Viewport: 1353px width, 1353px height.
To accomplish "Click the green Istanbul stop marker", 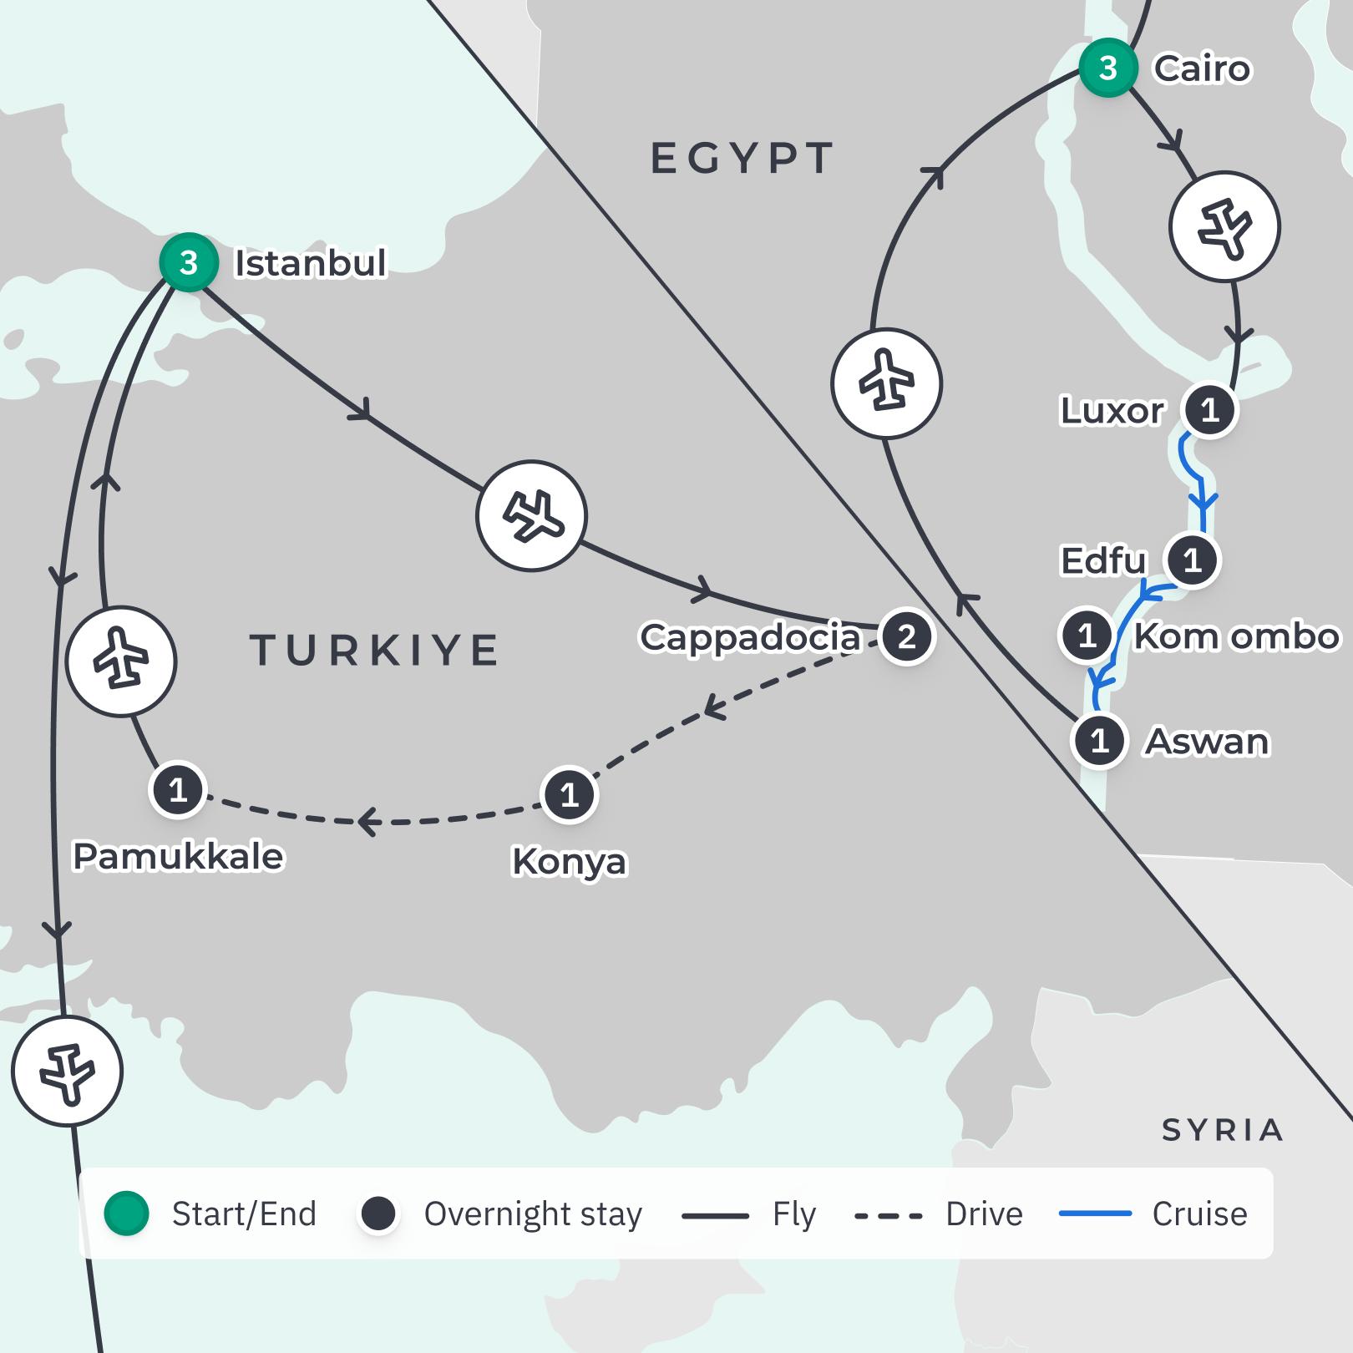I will [189, 262].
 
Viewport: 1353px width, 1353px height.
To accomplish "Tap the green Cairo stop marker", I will [1107, 68].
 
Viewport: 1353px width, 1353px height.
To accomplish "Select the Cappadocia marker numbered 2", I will [906, 637].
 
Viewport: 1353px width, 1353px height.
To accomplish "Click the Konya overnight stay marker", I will [569, 794].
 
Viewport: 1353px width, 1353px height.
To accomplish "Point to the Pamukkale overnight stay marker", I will [177, 789].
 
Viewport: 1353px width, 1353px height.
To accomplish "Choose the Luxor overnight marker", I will [1209, 409].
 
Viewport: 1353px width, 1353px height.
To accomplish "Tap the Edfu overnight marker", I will [1192, 560].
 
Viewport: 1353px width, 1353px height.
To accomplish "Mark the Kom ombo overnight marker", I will [1087, 636].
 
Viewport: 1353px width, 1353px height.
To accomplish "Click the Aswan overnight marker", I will [1099, 740].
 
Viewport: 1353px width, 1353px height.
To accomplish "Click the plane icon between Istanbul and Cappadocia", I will [531, 515].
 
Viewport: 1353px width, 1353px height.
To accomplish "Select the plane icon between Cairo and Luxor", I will [1224, 226].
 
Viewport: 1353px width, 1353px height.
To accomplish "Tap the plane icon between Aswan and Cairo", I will [886, 383].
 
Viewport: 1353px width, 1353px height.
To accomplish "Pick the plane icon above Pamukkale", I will [121, 661].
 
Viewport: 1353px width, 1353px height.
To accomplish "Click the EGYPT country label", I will [742, 158].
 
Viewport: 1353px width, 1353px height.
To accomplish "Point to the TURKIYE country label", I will [374, 650].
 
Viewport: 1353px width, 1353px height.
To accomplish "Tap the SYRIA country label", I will [1222, 1130].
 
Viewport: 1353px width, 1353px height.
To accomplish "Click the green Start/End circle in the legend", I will [127, 1214].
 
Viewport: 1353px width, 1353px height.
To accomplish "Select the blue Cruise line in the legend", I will [1095, 1214].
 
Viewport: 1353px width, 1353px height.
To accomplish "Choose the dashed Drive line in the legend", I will [889, 1215].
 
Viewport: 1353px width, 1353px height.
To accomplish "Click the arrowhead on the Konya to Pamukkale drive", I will [367, 822].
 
